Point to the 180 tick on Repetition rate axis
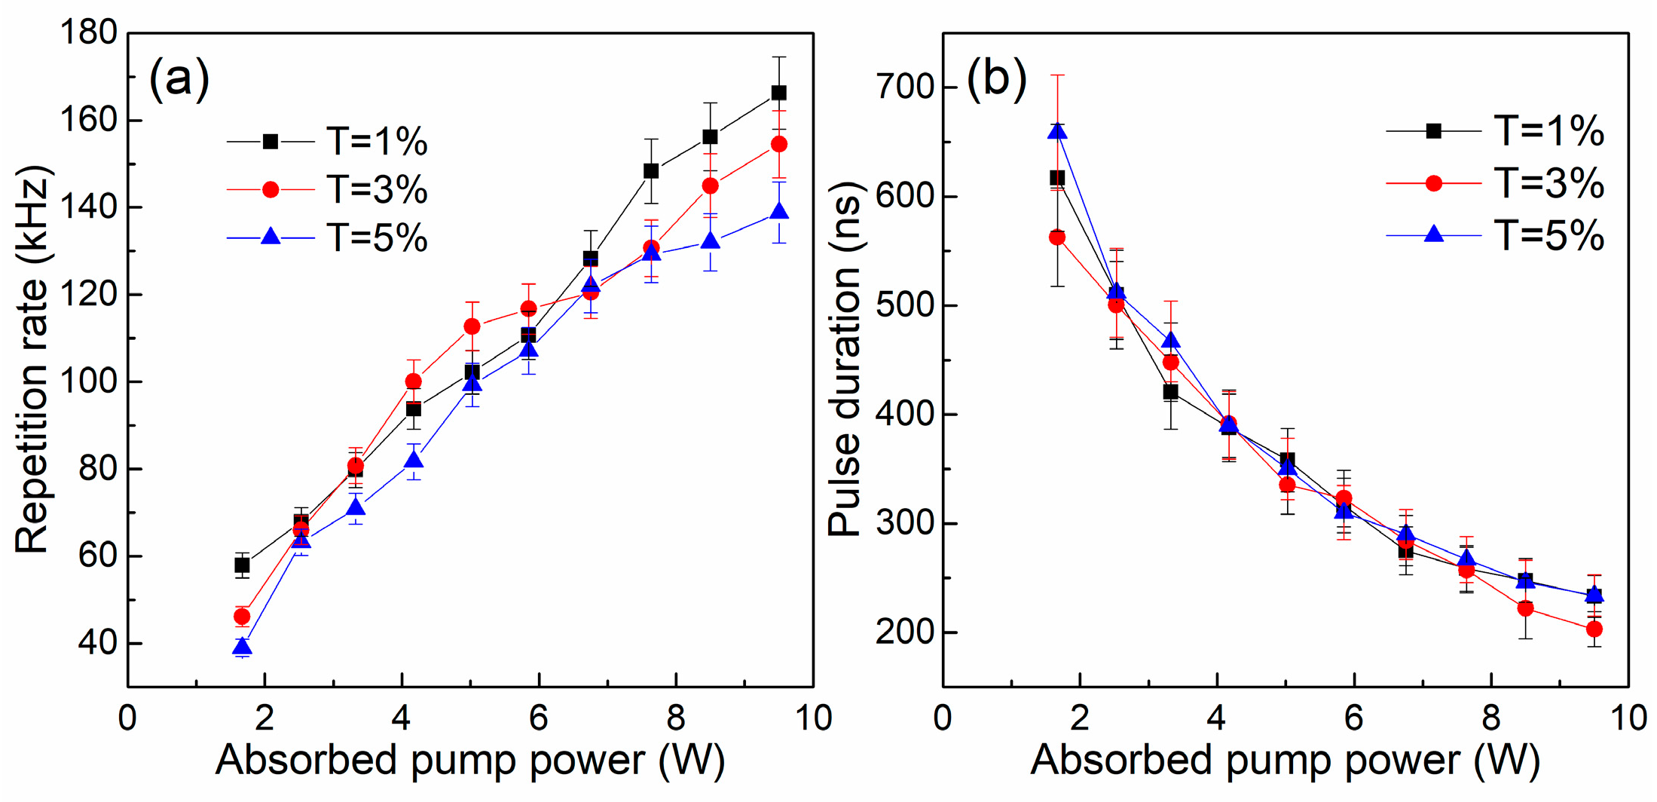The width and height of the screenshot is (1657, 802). (x=89, y=32)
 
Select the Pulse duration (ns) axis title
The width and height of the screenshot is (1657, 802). (x=844, y=360)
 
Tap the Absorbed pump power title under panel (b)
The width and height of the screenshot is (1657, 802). (x=1285, y=760)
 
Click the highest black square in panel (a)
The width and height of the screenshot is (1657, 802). (x=778, y=93)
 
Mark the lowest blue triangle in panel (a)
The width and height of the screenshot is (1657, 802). (x=242, y=647)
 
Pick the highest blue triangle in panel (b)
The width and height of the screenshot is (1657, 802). (x=1057, y=131)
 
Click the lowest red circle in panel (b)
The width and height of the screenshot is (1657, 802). (x=1594, y=629)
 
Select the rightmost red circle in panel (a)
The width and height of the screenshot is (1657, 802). (x=778, y=144)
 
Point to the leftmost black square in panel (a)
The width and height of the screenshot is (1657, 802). (x=242, y=565)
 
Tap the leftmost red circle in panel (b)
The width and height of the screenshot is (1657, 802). (x=1057, y=237)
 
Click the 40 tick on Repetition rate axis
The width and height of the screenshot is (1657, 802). (x=99, y=643)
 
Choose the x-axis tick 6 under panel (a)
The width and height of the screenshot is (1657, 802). (x=538, y=718)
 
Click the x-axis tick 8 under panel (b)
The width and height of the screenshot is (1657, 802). (x=1490, y=718)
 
